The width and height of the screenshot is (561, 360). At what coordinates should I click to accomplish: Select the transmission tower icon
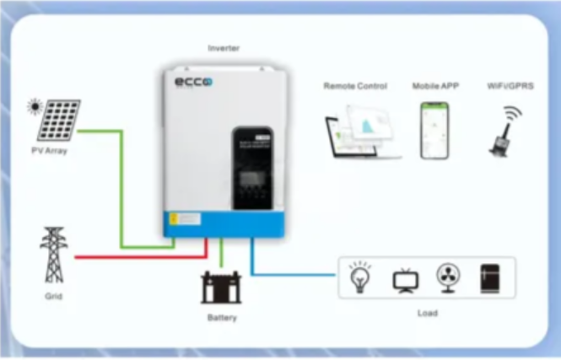[53, 254]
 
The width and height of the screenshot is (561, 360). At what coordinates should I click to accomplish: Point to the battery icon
[221, 287]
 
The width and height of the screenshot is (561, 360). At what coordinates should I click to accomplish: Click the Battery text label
[222, 318]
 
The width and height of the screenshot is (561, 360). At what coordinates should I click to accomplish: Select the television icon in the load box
[406, 279]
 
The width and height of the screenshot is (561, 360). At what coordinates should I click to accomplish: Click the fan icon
[448, 277]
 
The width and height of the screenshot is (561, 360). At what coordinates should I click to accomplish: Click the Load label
[428, 314]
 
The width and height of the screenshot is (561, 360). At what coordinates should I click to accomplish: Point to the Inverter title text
[224, 49]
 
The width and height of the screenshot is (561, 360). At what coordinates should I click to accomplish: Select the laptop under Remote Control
[355, 135]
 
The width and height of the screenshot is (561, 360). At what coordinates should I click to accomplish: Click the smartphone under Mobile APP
[434, 130]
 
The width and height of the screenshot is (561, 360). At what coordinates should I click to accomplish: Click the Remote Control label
[355, 86]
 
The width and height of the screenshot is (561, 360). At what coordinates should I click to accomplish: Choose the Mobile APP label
[434, 86]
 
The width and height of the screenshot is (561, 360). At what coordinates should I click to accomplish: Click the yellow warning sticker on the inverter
[172, 218]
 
